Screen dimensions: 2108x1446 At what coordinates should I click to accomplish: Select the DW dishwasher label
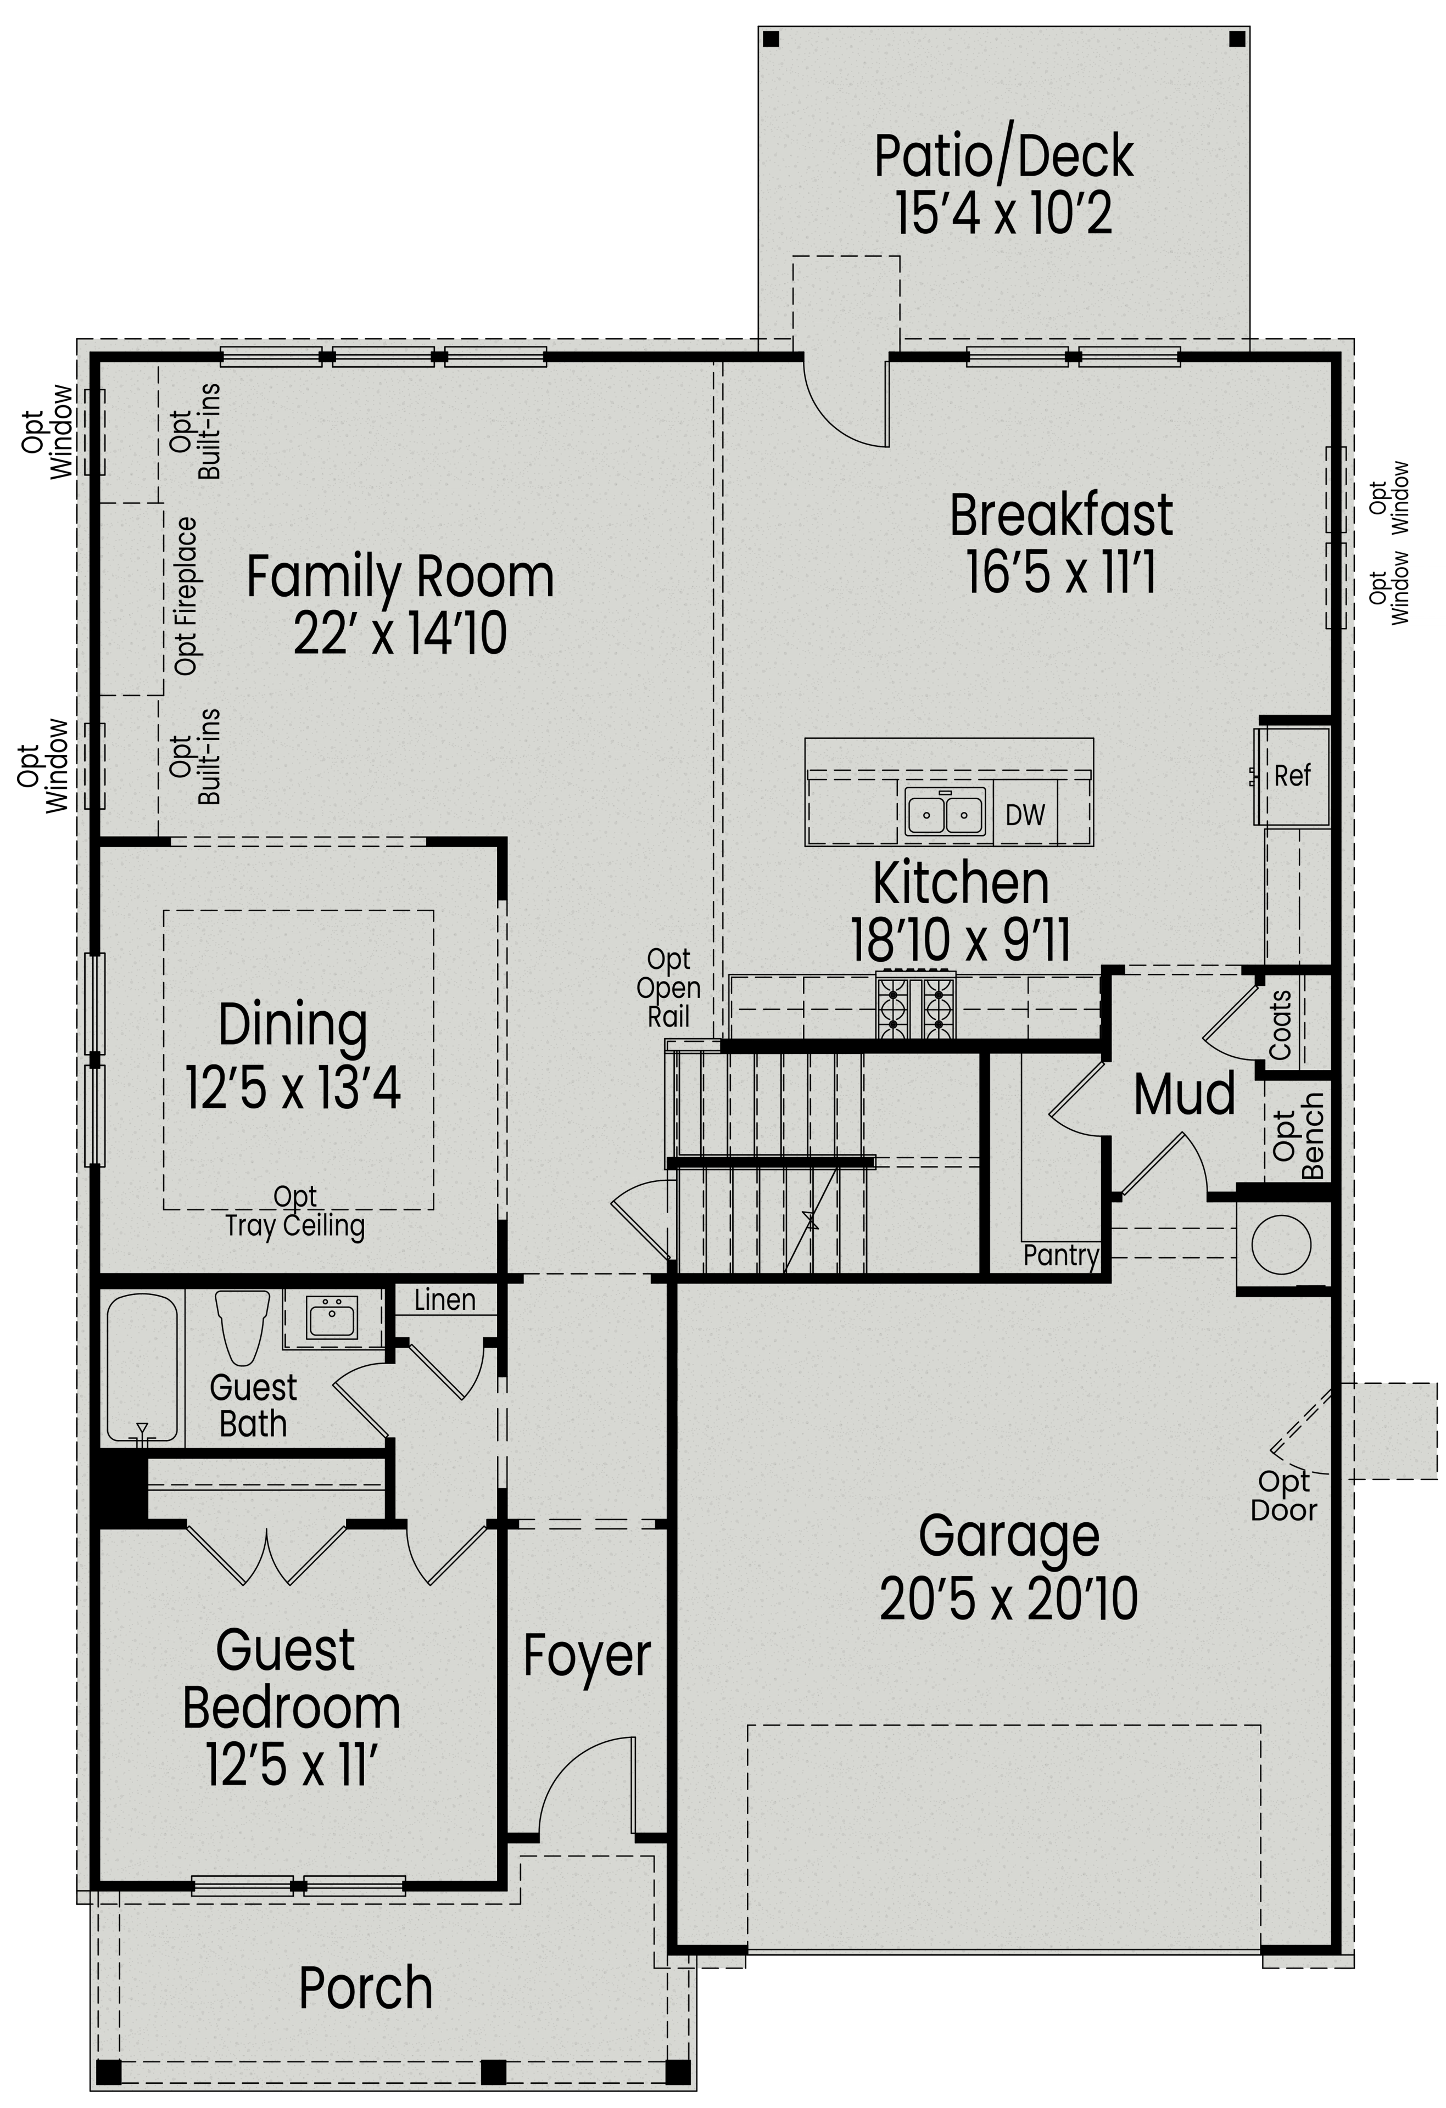click(1025, 815)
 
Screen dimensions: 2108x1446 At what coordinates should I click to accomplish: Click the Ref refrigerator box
click(1292, 776)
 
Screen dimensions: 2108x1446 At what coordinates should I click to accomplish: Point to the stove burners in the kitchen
click(915, 1006)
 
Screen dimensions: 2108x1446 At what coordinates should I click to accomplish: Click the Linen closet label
click(444, 1300)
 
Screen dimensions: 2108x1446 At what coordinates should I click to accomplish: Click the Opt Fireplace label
click(186, 596)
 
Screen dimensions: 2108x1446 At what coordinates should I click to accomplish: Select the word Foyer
click(587, 1655)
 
